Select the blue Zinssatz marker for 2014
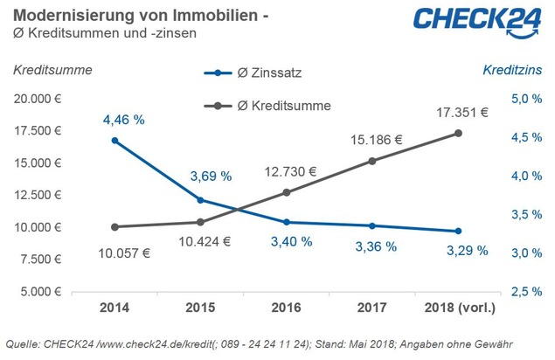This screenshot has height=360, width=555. tap(114, 140)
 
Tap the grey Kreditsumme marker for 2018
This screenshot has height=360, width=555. tap(459, 133)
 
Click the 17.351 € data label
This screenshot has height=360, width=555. tap(462, 112)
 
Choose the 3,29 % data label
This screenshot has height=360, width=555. tap(458, 250)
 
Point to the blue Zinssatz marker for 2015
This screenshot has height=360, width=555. tap(201, 200)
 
